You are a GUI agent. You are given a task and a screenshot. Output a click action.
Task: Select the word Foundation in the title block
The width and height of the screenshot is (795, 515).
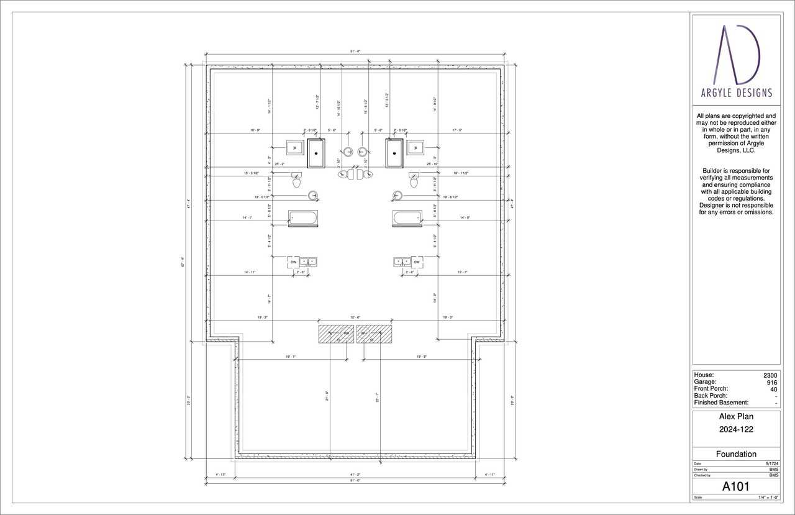click(736, 454)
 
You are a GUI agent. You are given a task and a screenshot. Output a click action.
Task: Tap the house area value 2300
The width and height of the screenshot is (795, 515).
click(770, 375)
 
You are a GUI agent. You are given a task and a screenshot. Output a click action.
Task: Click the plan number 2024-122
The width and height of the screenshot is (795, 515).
click(736, 429)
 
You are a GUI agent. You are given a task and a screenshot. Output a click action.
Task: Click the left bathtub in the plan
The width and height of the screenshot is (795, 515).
click(303, 217)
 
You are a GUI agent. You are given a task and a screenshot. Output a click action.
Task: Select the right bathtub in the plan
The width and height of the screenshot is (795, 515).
click(407, 217)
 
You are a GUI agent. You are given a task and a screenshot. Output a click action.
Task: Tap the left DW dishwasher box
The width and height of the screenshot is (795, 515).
click(294, 262)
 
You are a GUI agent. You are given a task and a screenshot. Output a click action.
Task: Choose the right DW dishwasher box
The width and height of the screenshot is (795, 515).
click(417, 262)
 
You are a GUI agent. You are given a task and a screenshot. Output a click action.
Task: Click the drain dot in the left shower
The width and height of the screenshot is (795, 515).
click(316, 153)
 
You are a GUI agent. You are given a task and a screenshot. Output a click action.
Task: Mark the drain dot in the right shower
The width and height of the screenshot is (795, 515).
click(394, 153)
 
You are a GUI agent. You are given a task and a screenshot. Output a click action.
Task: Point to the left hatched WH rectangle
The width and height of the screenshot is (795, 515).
click(336, 334)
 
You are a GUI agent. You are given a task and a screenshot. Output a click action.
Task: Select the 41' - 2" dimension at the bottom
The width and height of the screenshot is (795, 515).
click(355, 475)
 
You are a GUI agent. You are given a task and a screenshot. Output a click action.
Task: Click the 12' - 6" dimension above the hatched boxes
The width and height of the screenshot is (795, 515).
click(355, 317)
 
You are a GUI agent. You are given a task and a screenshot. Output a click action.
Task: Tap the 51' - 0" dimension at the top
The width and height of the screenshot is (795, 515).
click(355, 52)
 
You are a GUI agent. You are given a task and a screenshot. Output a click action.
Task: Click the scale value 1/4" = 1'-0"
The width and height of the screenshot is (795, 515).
click(768, 498)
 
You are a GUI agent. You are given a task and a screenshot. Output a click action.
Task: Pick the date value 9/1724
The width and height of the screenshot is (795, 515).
click(772, 463)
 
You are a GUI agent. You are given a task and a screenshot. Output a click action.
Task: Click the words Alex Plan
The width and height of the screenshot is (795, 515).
click(736, 417)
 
